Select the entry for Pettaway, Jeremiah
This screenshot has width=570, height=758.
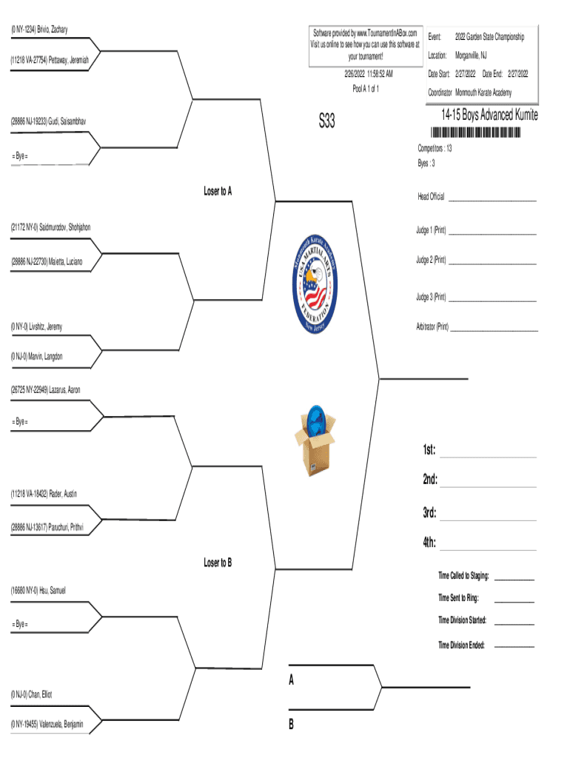(50, 59)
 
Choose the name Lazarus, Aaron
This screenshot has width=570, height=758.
(46, 389)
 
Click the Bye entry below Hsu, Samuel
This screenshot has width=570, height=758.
(20, 625)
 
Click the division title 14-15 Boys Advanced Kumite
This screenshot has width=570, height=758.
(489, 115)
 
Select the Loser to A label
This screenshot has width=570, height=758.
(218, 191)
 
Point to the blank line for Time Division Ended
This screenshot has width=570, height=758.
(514, 647)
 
